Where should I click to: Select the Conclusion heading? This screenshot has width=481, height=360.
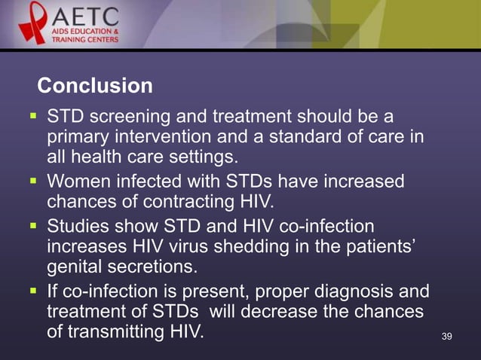pos(95,87)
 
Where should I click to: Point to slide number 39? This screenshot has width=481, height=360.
pos(446,335)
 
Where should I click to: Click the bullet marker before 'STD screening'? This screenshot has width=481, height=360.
pos(32,118)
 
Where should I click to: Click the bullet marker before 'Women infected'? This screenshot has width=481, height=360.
pos(32,183)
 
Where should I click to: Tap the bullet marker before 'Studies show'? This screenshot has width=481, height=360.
pos(32,227)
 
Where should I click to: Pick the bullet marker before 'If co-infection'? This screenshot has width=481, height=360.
pos(32,291)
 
